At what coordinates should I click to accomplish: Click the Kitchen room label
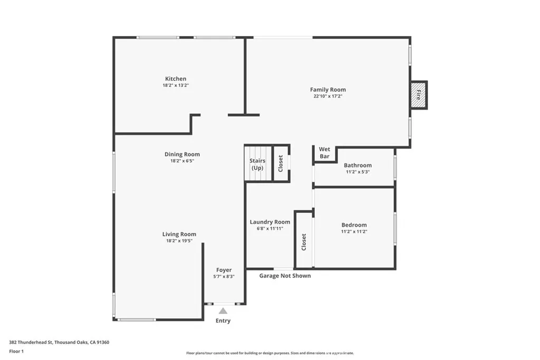[175, 79]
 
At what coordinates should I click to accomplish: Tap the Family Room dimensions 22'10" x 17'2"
[327, 96]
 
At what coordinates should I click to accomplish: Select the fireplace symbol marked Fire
[419, 95]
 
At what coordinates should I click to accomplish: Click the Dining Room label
[182, 154]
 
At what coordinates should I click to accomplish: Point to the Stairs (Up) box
[257, 164]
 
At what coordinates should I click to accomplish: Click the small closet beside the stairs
[281, 163]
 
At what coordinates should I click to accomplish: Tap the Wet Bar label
[324, 153]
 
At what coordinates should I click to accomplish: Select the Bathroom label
[358, 165]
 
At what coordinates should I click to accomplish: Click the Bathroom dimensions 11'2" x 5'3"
[358, 172]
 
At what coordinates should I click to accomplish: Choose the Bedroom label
[354, 225]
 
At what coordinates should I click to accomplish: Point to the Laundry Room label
[269, 222]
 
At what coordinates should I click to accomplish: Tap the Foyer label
[224, 270]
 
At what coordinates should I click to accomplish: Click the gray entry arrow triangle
[223, 311]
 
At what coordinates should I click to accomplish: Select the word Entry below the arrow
[223, 320]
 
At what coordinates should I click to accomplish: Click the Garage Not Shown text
[285, 276]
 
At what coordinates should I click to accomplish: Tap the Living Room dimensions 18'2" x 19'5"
[179, 241]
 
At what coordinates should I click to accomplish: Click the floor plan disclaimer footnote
[269, 353]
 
